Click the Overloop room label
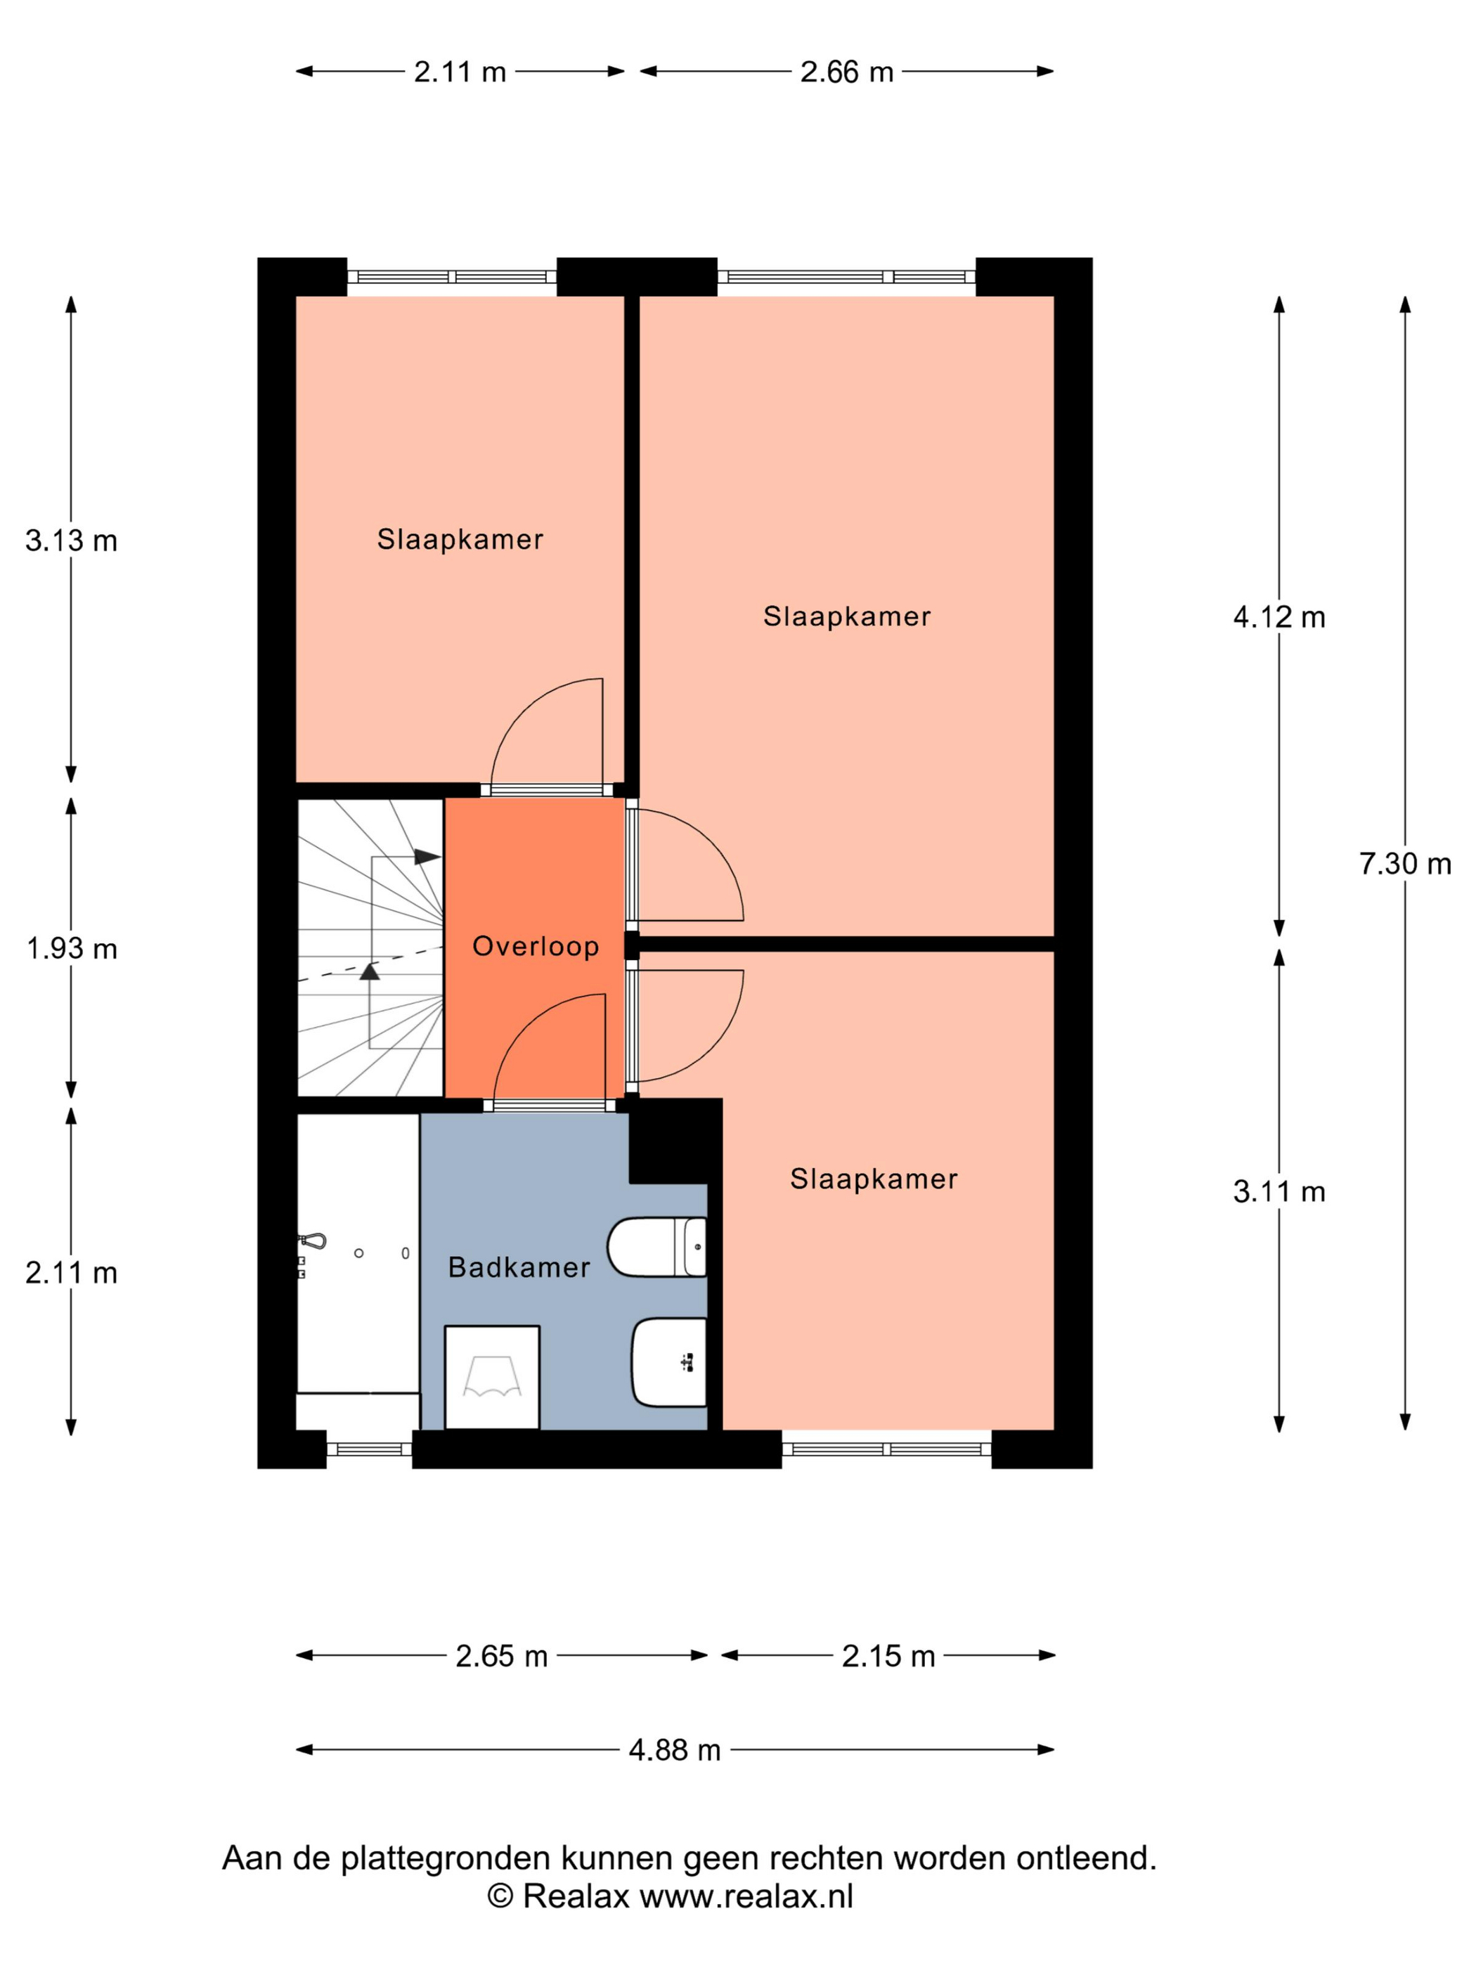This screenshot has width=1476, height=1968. pyautogui.click(x=535, y=946)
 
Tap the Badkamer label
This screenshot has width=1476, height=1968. pyautogui.click(x=519, y=1267)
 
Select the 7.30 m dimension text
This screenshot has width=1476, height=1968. pyautogui.click(x=1405, y=863)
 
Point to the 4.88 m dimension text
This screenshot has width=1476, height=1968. pyautogui.click(x=674, y=1750)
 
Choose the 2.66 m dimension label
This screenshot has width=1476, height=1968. pyautogui.click(x=846, y=71)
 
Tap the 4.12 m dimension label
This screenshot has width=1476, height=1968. pyautogui.click(x=1278, y=616)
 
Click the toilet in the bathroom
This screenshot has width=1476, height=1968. pyautogui.click(x=656, y=1246)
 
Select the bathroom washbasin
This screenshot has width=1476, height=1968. pyautogui.click(x=669, y=1362)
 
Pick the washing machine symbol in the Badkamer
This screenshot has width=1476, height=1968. pyautogui.click(x=492, y=1377)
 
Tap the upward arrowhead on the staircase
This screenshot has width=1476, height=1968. pyautogui.click(x=369, y=971)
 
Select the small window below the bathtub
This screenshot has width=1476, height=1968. pyautogui.click(x=369, y=1449)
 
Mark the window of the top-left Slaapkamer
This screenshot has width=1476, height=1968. pyautogui.click(x=452, y=277)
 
